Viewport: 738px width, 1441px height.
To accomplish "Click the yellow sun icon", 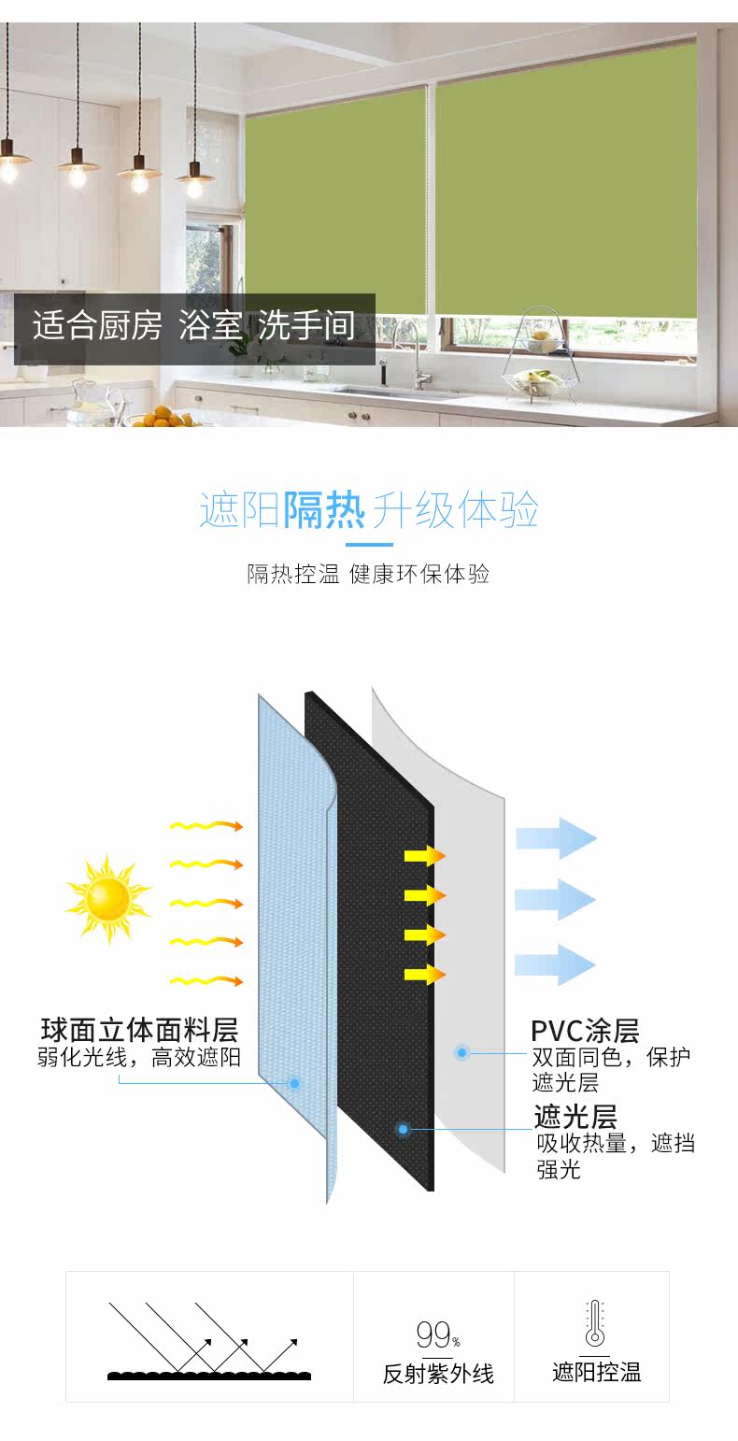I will click(x=107, y=898).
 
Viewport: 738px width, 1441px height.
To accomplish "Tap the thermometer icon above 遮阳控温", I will click(x=594, y=1324).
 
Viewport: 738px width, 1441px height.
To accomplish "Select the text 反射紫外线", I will click(x=438, y=1374).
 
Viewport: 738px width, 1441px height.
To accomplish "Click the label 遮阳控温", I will click(x=596, y=1372).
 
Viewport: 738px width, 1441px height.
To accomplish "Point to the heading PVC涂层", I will click(x=585, y=1031).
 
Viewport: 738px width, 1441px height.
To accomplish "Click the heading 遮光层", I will click(x=575, y=1117).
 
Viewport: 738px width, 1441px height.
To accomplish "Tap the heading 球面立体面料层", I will click(x=139, y=1030).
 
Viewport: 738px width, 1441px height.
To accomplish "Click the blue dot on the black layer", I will click(x=404, y=1129).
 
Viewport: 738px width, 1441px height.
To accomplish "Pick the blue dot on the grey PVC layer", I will click(x=461, y=1052).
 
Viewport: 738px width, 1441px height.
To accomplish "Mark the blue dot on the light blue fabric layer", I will click(x=294, y=1083).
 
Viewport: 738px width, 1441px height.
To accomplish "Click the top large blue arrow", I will click(x=556, y=837).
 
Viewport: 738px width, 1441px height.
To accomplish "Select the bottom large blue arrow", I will click(x=556, y=963).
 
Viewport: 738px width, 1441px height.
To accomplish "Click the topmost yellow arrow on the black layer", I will click(x=424, y=856).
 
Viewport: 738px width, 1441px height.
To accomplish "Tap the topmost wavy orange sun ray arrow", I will click(x=206, y=826).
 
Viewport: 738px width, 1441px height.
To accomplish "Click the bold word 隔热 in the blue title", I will click(x=324, y=509).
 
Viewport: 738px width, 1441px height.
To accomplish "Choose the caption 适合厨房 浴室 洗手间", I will click(x=194, y=326).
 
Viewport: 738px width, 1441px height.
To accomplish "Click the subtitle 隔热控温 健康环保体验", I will click(x=368, y=574).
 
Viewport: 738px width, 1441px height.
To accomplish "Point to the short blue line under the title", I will click(x=369, y=544).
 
